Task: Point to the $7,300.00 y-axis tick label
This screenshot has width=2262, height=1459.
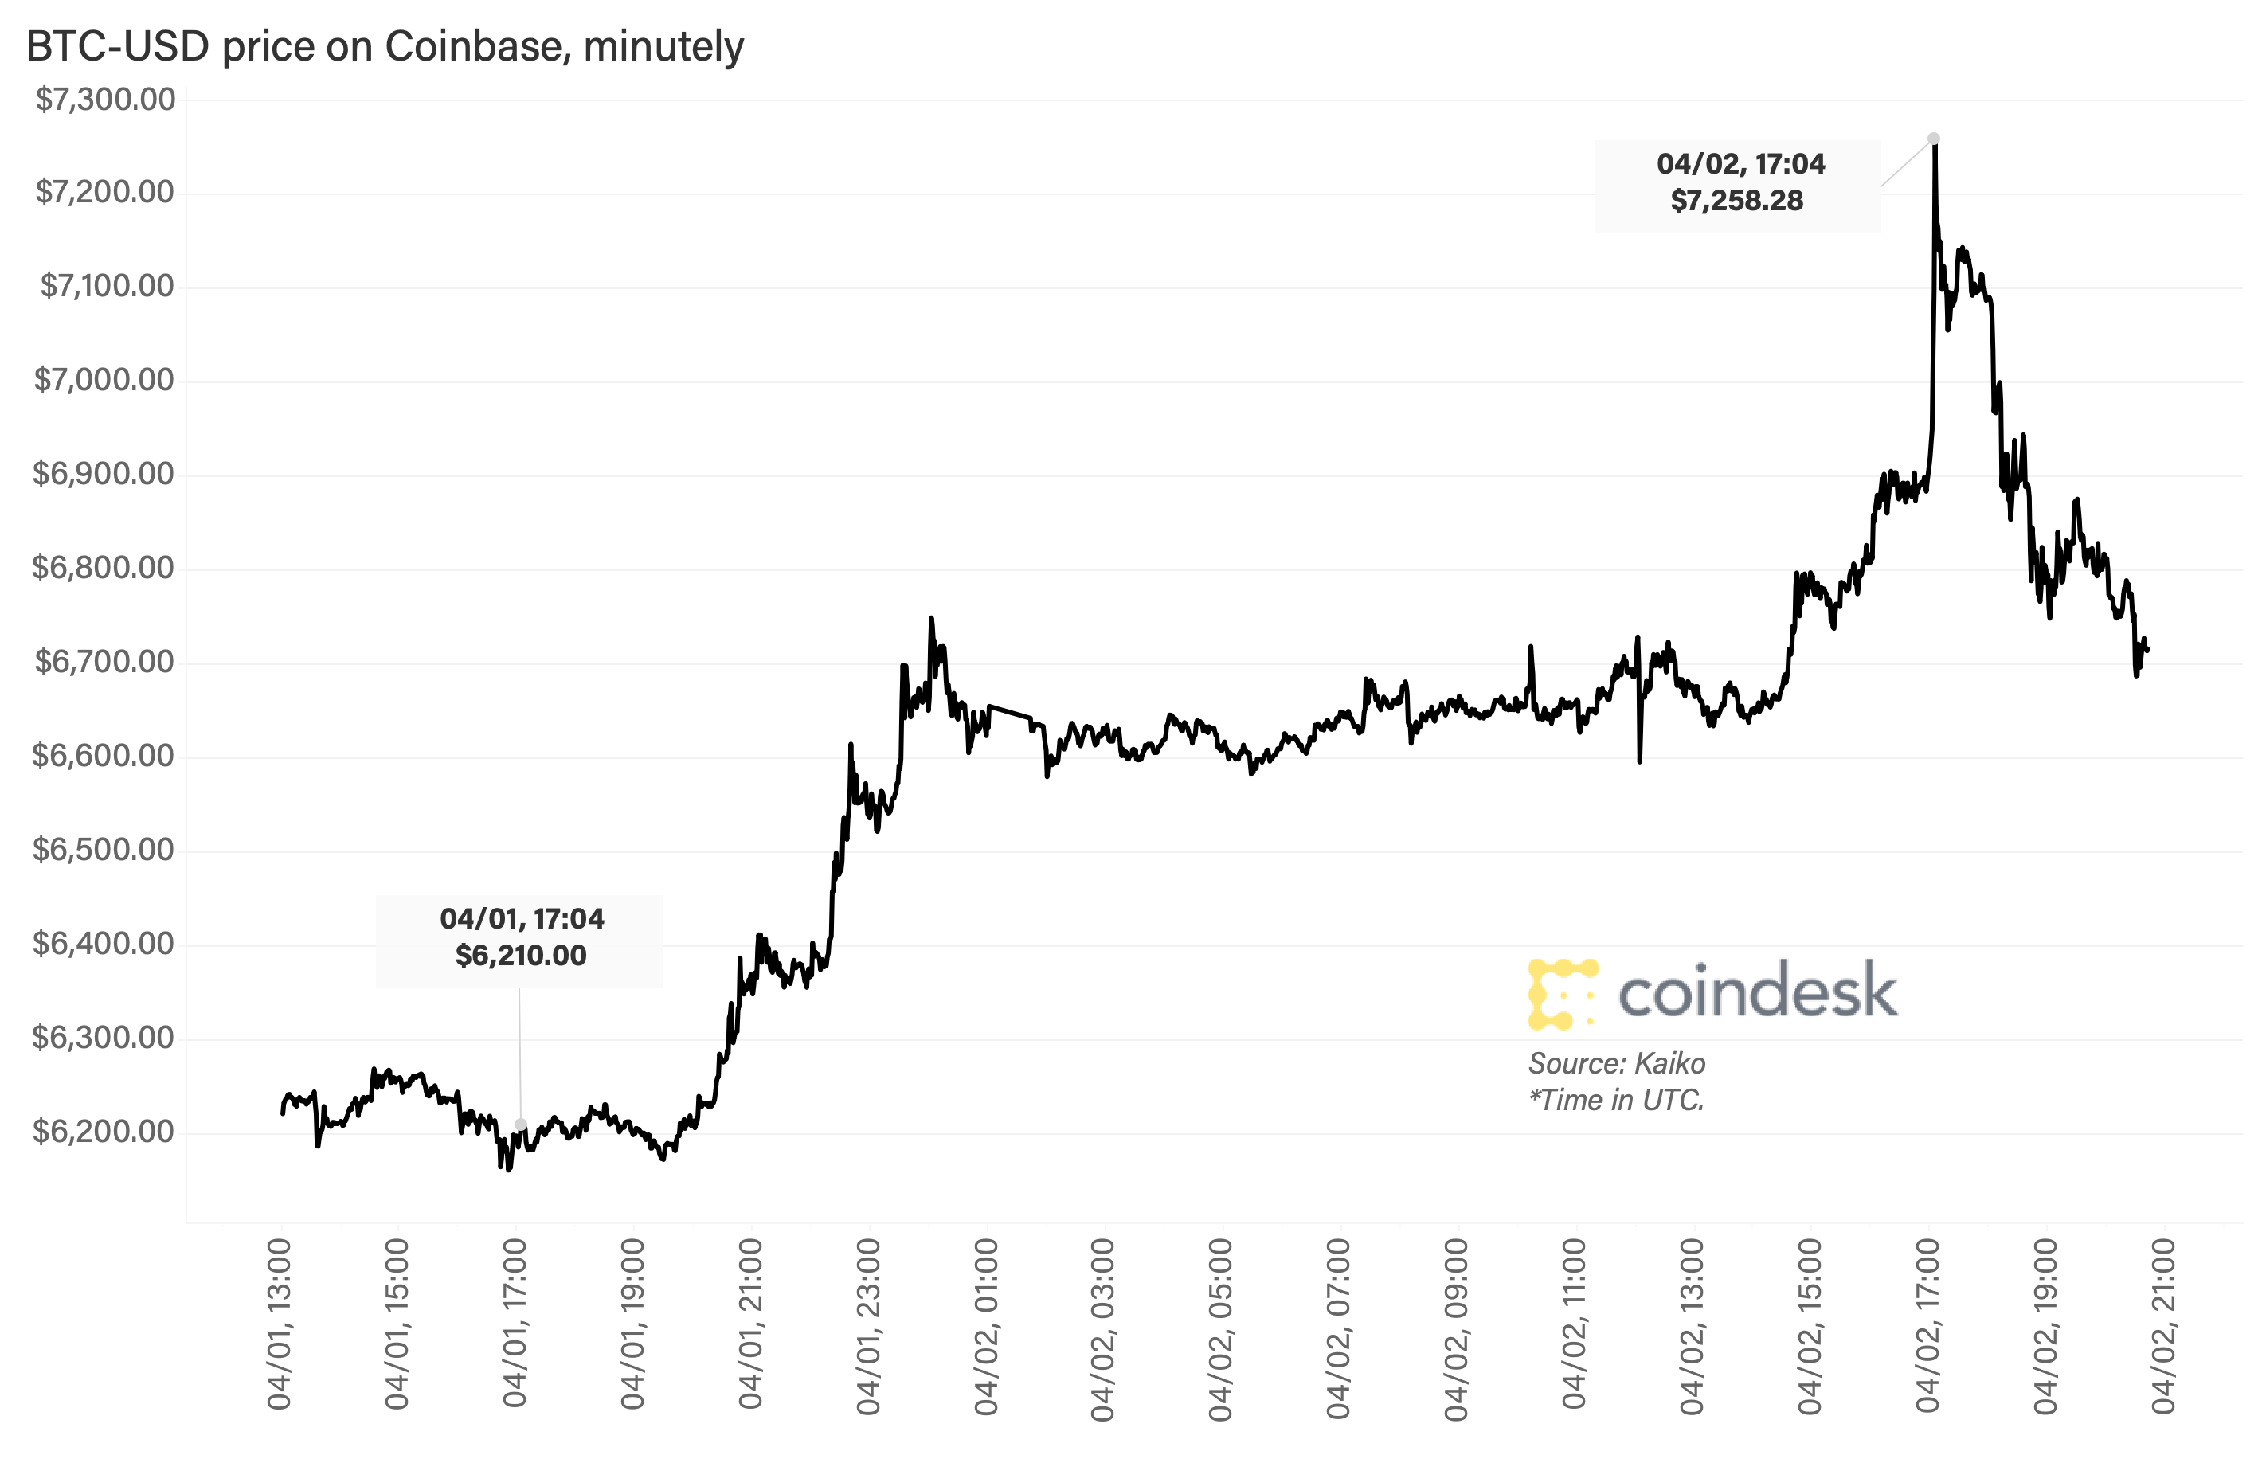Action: click(x=105, y=100)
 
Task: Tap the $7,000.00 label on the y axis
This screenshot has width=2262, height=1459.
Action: click(x=104, y=381)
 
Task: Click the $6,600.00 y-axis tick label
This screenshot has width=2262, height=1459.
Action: click(x=104, y=756)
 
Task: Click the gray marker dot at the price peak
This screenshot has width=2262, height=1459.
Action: click(x=1933, y=139)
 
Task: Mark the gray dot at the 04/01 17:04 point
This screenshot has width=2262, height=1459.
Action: click(x=520, y=1125)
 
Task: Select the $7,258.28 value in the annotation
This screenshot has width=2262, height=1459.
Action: click(x=1736, y=201)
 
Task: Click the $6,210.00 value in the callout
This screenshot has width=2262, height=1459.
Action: click(x=520, y=955)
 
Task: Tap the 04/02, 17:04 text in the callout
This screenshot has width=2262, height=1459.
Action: click(x=1740, y=164)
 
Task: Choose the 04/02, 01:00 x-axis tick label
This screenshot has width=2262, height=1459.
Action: click(x=986, y=1325)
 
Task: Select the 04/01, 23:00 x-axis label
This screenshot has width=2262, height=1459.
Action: click(x=869, y=1325)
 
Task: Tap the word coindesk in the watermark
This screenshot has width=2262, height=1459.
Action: click(x=1757, y=992)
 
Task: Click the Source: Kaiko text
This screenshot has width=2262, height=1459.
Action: click(x=1616, y=1063)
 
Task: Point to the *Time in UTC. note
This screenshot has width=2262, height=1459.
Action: click(x=1616, y=1100)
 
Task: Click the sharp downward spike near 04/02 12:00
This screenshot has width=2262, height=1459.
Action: click(x=1640, y=756)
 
